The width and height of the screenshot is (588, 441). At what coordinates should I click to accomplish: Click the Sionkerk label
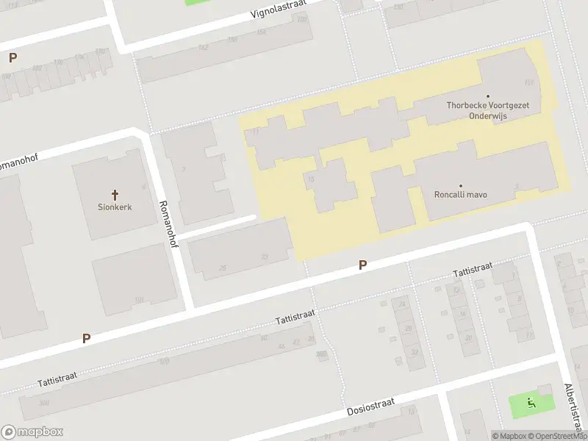tap(115, 207)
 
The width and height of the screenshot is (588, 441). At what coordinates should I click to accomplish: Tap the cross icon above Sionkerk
tap(115, 195)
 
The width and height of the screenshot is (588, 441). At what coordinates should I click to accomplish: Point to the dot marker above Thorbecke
tap(488, 96)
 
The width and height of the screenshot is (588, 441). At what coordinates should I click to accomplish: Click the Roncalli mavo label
tap(461, 195)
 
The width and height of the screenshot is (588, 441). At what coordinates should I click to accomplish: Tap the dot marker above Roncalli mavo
tap(461, 185)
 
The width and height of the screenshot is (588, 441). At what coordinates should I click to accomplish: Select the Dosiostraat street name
tap(371, 406)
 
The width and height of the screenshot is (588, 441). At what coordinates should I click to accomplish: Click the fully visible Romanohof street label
tap(169, 224)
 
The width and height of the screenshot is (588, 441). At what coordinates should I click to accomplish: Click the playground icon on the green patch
tap(531, 402)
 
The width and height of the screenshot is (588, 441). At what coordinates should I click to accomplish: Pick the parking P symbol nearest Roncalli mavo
tap(362, 265)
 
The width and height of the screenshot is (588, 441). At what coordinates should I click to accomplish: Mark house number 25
tap(223, 268)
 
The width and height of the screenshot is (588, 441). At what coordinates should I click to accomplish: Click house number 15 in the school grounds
tap(311, 179)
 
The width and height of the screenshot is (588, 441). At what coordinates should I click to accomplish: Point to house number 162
tap(203, 48)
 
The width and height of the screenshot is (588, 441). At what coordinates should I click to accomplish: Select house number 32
tap(414, 352)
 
